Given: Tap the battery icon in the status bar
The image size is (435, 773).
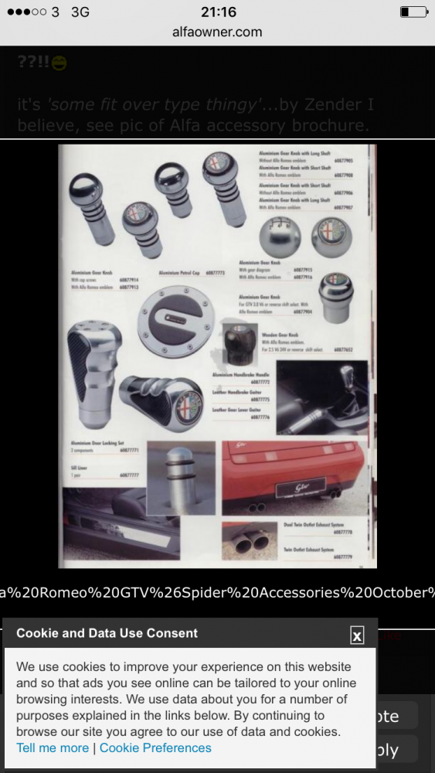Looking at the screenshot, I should point(413,12).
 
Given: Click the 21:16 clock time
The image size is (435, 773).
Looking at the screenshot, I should point(217,12).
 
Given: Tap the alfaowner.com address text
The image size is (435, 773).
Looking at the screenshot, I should point(217,32).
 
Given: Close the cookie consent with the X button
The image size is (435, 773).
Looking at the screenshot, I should point(356,635).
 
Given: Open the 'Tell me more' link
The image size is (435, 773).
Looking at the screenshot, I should point(53,747).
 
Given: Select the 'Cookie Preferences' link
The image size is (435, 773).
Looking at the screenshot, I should point(155,747).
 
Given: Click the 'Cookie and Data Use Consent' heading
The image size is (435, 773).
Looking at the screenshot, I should point(107,633).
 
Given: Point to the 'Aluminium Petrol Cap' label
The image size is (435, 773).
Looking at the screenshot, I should point(180,273).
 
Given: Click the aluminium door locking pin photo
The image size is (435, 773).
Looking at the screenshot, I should point(181,478).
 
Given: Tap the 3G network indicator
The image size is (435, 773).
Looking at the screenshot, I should point(80,12).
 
